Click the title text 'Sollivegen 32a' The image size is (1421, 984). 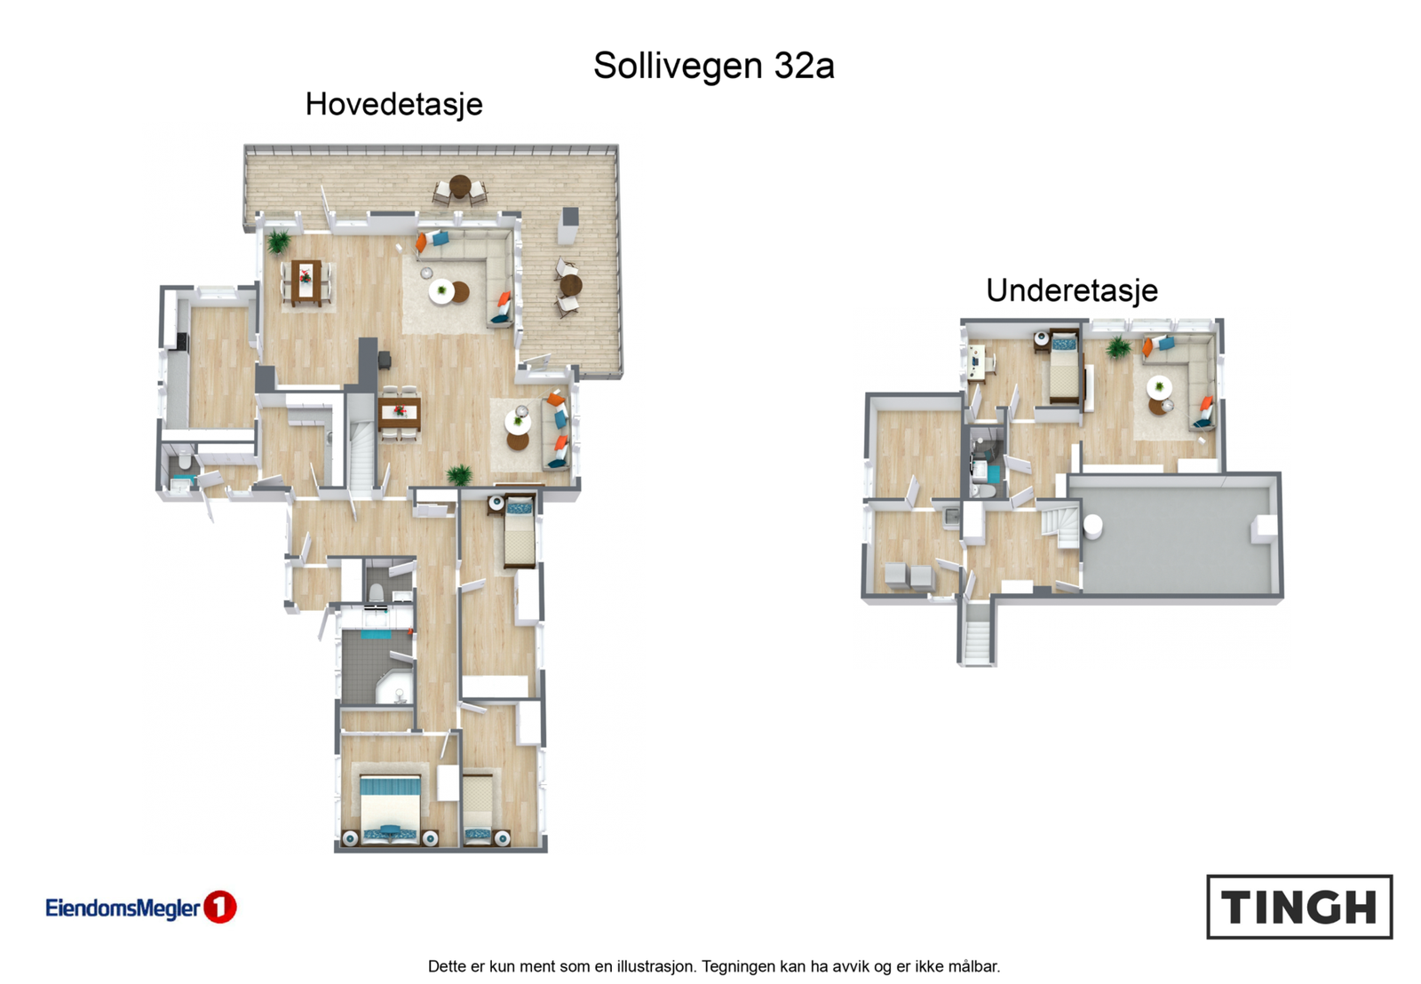point(713,66)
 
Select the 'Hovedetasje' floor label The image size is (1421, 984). point(393,104)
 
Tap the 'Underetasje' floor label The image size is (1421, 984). point(1071,290)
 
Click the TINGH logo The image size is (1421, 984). point(1298,907)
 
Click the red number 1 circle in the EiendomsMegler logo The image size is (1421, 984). point(220,907)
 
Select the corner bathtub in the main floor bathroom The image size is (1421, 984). point(393,688)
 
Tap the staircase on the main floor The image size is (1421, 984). point(361,458)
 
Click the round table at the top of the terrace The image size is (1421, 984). point(459,186)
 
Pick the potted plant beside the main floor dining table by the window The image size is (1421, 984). point(279,240)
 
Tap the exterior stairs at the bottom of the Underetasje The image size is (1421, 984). point(976,638)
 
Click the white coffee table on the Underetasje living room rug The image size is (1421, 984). point(1158,387)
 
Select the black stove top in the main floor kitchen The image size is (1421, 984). point(182,341)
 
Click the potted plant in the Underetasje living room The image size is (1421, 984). point(1117,347)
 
